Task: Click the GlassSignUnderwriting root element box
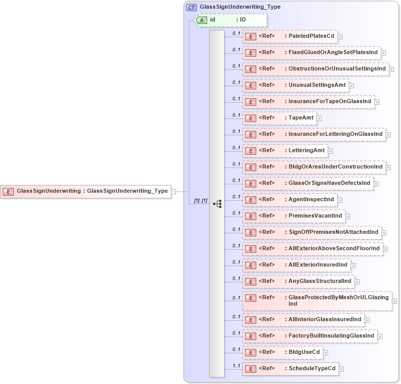[85, 191]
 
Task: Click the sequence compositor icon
[217, 203]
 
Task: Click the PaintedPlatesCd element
[289, 36]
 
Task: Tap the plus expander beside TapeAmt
[319, 118]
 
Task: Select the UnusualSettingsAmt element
[295, 85]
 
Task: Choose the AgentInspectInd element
[289, 200]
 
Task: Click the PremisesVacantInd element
[293, 216]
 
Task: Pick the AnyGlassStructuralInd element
[298, 281]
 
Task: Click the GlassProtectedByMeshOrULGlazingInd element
[317, 301]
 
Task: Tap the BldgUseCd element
[282, 352]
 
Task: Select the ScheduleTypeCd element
[290, 369]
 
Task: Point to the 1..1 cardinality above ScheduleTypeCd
[236, 366]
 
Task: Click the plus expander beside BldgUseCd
[325, 352]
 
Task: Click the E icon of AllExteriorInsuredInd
[251, 266]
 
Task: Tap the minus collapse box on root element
[173, 191]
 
